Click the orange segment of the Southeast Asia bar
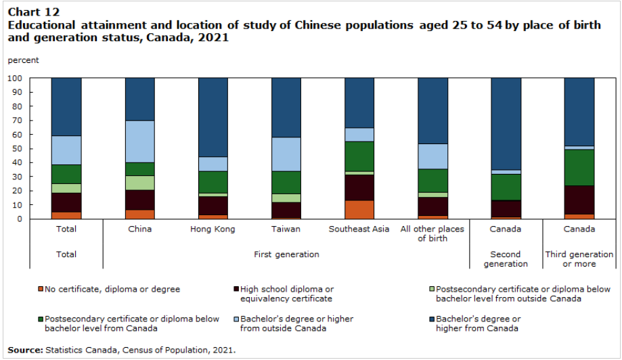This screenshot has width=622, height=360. tap(359, 209)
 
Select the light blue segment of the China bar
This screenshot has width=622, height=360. tap(139, 141)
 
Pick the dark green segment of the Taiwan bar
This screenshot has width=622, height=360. tap(286, 181)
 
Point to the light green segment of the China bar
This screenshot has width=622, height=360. tap(139, 183)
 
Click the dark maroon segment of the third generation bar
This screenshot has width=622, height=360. tap(579, 200)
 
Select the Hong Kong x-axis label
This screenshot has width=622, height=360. tap(213, 229)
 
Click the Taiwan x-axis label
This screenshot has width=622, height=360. tap(286, 229)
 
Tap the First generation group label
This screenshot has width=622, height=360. tap(286, 254)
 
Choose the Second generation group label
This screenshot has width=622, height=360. tap(506, 259)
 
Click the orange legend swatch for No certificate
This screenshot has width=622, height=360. tap(40, 290)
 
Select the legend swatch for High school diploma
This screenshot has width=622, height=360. tap(235, 290)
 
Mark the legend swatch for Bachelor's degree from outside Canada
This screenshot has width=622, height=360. tap(235, 319)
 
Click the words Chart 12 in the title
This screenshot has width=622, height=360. tap(33, 12)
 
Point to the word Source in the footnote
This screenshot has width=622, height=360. tap(24, 350)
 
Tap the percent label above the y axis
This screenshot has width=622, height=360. tap(23, 60)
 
